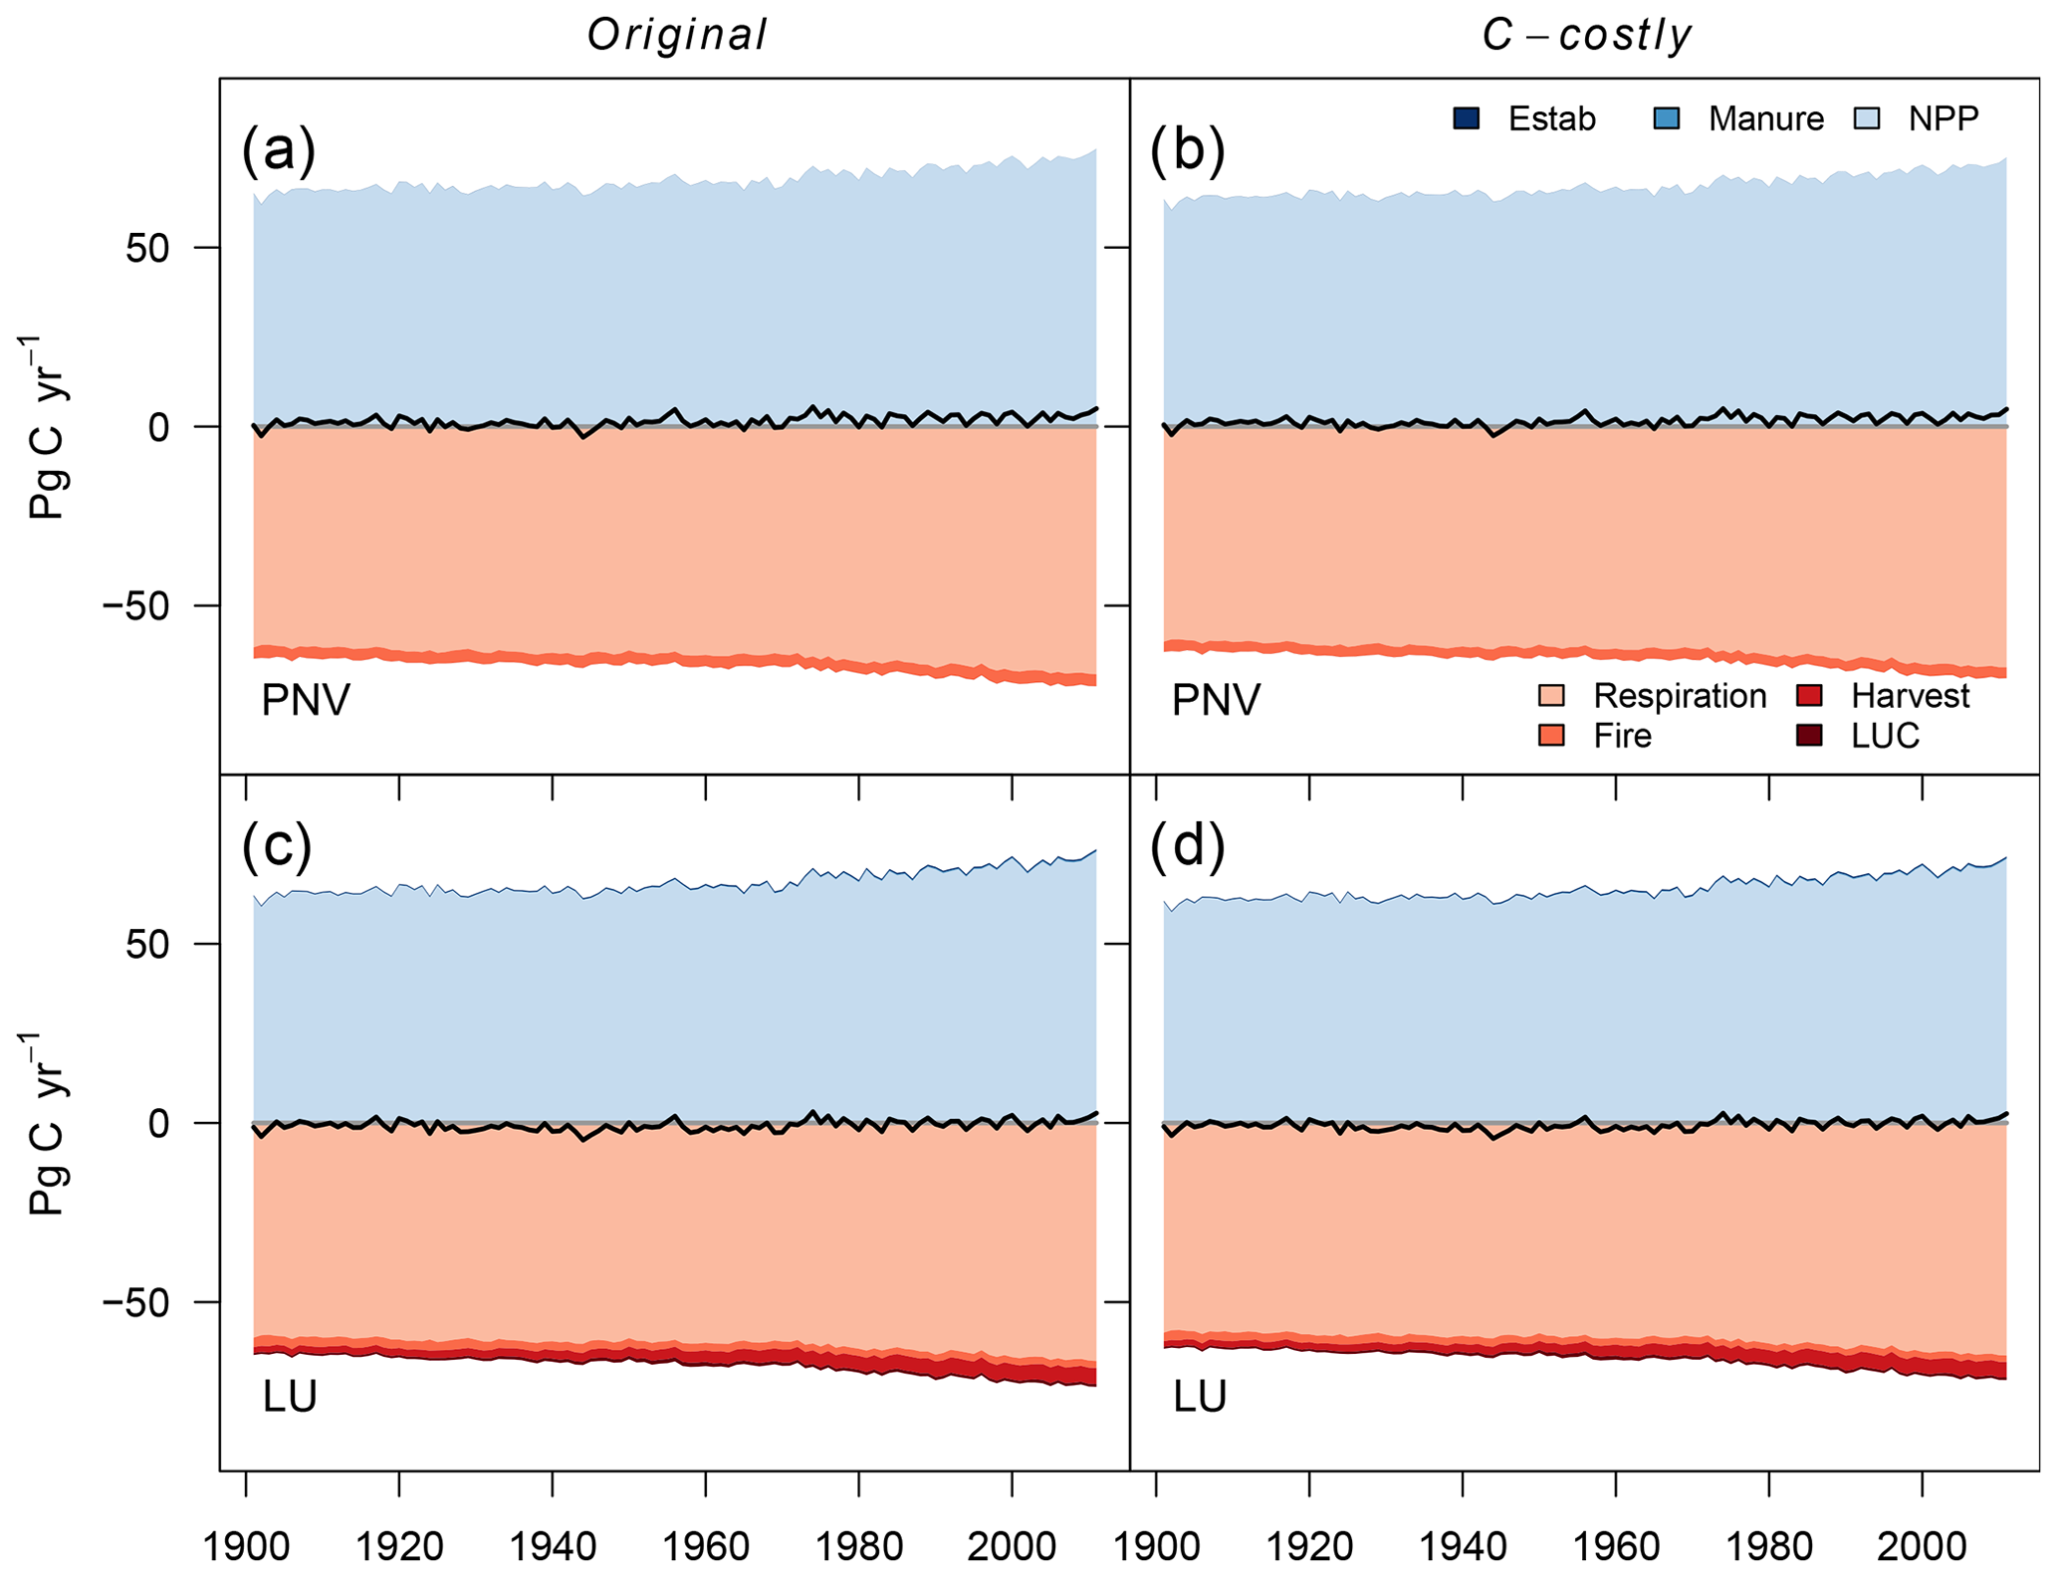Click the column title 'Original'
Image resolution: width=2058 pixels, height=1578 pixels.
(x=677, y=36)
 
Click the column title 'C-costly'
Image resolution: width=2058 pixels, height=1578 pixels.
(x=1586, y=36)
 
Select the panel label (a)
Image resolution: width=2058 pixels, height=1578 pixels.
(x=279, y=149)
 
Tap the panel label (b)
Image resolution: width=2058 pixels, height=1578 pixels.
(x=1187, y=149)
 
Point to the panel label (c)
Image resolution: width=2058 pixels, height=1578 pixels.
(x=278, y=845)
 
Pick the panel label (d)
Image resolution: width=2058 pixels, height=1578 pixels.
(x=1187, y=845)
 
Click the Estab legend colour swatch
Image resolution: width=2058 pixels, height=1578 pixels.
(x=1467, y=118)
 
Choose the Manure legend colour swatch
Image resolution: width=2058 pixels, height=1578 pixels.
(x=1667, y=118)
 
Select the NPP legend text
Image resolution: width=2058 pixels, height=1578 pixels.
(x=1943, y=118)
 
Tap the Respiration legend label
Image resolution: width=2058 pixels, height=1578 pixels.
(x=1680, y=696)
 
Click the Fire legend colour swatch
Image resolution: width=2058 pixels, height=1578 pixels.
(x=1551, y=736)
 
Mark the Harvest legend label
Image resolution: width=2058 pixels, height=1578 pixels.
(x=1910, y=696)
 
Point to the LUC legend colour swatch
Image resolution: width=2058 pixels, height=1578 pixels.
(x=1809, y=736)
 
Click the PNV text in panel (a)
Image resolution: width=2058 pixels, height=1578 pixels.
(x=306, y=701)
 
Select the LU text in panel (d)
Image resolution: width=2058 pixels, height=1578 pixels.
(x=1200, y=1398)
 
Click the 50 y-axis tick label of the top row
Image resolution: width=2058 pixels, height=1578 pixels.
(x=147, y=248)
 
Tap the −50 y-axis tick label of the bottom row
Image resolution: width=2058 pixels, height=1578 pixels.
(x=136, y=1302)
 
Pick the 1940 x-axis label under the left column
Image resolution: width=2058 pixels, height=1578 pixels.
(x=552, y=1546)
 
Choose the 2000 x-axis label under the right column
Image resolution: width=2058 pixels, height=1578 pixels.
(x=1922, y=1546)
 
